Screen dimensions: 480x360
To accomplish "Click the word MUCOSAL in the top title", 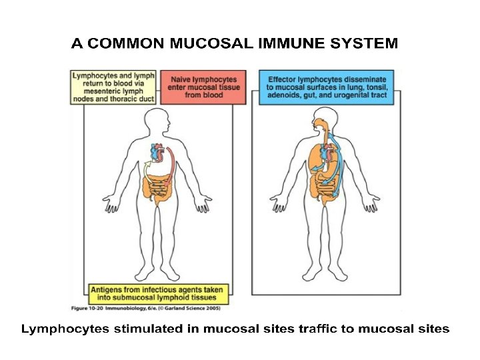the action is click(x=203, y=44).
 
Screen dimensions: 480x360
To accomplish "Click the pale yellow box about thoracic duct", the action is click(x=113, y=87).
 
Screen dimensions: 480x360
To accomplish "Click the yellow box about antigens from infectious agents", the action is click(x=158, y=294).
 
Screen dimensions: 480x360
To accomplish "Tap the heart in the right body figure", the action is click(x=327, y=155).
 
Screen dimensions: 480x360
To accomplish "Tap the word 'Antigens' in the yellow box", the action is click(x=109, y=290).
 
